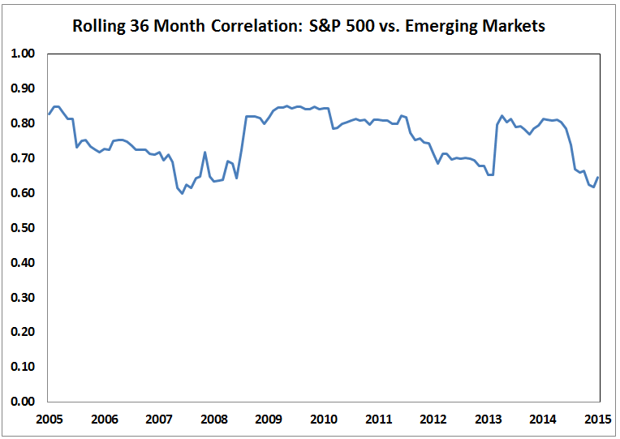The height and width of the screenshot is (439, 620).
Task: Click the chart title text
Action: coord(308,26)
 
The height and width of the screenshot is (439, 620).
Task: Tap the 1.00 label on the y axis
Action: coord(24,54)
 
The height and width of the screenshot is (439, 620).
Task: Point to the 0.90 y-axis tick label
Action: coord(24,88)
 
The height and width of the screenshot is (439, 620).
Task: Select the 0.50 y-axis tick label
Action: coord(24,228)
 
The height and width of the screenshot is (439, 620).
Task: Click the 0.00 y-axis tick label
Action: coord(24,402)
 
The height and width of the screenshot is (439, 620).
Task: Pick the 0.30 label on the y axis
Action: coord(24,298)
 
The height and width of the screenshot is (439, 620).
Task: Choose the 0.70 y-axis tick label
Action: coord(24,158)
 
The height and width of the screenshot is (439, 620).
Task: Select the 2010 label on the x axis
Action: coord(323,420)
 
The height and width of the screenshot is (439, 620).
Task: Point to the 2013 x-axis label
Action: coord(488,420)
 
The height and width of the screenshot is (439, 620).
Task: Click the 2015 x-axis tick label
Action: coord(597,420)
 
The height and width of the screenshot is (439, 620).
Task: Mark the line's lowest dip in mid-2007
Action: coord(182,193)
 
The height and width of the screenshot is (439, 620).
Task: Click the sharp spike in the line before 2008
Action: coord(205,152)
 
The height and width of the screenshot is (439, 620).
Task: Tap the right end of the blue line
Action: coord(599,178)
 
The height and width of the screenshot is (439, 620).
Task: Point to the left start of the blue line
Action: coord(48,114)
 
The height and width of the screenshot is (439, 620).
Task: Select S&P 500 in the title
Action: coord(334,26)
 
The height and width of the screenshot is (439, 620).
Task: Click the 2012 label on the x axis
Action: coord(433,420)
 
